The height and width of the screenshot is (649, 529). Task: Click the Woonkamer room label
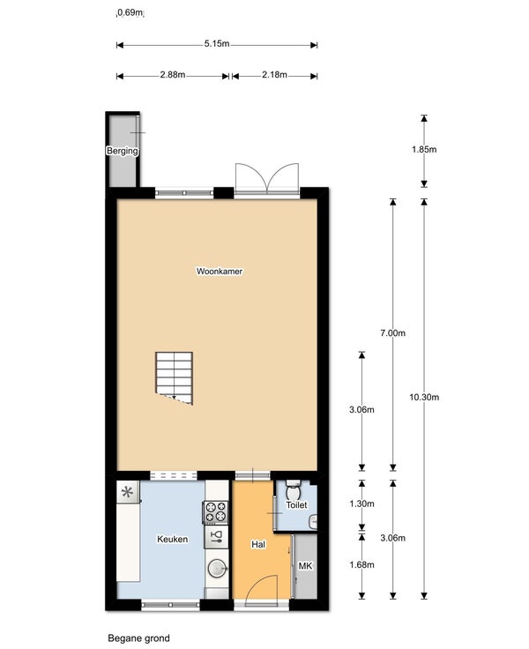pyautogui.click(x=219, y=271)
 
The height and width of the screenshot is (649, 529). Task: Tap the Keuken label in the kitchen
pyautogui.click(x=172, y=539)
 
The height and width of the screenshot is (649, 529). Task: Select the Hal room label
pyautogui.click(x=258, y=544)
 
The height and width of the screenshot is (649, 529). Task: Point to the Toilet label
pyautogui.click(x=296, y=504)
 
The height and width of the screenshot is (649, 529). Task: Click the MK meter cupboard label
pyautogui.click(x=305, y=565)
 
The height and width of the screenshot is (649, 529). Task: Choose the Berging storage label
pyautogui.click(x=122, y=151)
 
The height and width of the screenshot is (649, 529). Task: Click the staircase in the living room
pyautogui.click(x=175, y=378)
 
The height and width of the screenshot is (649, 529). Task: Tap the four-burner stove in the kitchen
pyautogui.click(x=216, y=512)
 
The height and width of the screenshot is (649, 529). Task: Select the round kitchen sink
pyautogui.click(x=217, y=568)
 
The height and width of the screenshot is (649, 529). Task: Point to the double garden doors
pyautogui.click(x=267, y=178)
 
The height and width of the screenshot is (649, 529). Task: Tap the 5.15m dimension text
pyautogui.click(x=217, y=43)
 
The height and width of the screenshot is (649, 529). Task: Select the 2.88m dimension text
pyautogui.click(x=173, y=74)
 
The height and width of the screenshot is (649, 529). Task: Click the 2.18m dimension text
pyautogui.click(x=274, y=74)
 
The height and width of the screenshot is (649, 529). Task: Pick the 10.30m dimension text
pyautogui.click(x=424, y=398)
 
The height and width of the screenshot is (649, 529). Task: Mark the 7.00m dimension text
pyautogui.click(x=393, y=332)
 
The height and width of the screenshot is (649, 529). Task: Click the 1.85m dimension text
pyautogui.click(x=424, y=149)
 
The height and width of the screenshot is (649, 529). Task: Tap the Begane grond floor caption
pyautogui.click(x=138, y=638)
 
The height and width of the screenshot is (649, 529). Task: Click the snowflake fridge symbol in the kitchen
pyautogui.click(x=128, y=492)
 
